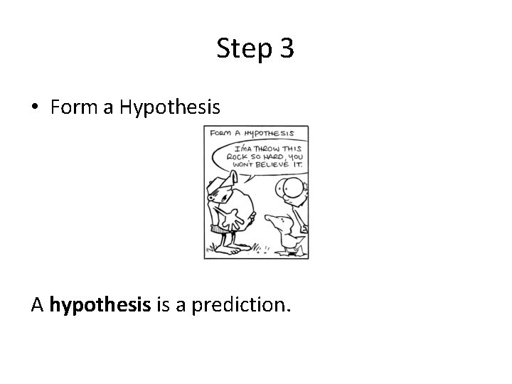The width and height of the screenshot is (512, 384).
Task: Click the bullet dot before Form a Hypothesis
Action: coord(36,108)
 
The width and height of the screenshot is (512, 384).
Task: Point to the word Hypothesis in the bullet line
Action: coord(170,108)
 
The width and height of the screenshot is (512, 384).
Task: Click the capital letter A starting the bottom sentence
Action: coord(38,305)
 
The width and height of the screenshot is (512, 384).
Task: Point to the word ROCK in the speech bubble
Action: coord(238,156)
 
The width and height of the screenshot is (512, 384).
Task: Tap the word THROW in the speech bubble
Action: coord(265,147)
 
